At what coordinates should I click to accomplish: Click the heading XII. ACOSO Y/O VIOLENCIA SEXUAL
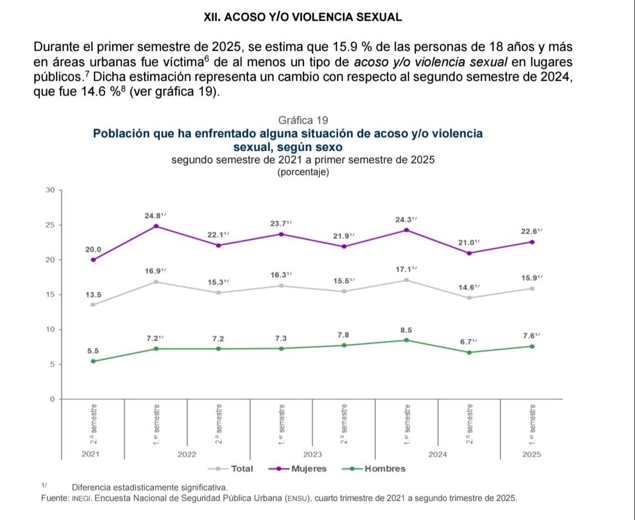(303, 17)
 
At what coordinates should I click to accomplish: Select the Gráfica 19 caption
(303, 121)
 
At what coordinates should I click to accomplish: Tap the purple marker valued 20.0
(93, 259)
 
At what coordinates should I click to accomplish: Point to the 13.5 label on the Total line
(92, 295)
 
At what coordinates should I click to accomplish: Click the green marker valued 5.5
(93, 361)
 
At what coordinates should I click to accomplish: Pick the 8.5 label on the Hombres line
(406, 330)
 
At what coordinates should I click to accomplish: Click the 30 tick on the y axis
(50, 190)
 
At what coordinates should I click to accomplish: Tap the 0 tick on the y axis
(52, 399)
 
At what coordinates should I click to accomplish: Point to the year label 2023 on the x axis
(312, 454)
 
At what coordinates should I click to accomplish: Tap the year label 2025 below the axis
(532, 454)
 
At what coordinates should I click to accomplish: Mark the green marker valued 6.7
(469, 352)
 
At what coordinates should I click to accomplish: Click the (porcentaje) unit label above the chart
(303, 172)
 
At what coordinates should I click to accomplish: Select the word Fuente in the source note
(55, 498)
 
